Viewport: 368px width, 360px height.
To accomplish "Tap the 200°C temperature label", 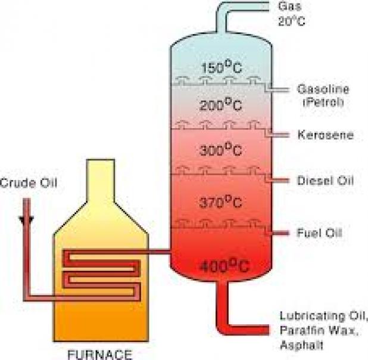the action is click(220, 104).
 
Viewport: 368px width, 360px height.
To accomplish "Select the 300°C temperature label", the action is click(220, 149).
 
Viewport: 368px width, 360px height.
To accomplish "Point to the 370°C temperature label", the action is click(220, 201).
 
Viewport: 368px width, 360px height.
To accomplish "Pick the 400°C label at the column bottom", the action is click(224, 266).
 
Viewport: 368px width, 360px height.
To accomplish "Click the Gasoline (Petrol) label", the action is click(323, 96).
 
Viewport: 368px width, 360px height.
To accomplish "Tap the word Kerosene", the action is click(326, 135).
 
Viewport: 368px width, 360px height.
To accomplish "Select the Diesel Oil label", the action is click(326, 181).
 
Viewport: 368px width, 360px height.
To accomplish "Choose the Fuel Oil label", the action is click(319, 232).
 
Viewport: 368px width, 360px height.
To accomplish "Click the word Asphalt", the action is click(301, 345).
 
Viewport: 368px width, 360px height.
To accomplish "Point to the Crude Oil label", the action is click(29, 183).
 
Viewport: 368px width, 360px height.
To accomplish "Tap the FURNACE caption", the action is click(100, 355).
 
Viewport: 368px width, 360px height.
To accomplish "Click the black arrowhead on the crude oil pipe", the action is click(27, 221).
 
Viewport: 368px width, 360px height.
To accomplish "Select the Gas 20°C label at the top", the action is click(292, 14).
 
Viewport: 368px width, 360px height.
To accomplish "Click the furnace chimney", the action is click(101, 181).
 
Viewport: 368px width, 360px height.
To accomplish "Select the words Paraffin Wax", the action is click(319, 331).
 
